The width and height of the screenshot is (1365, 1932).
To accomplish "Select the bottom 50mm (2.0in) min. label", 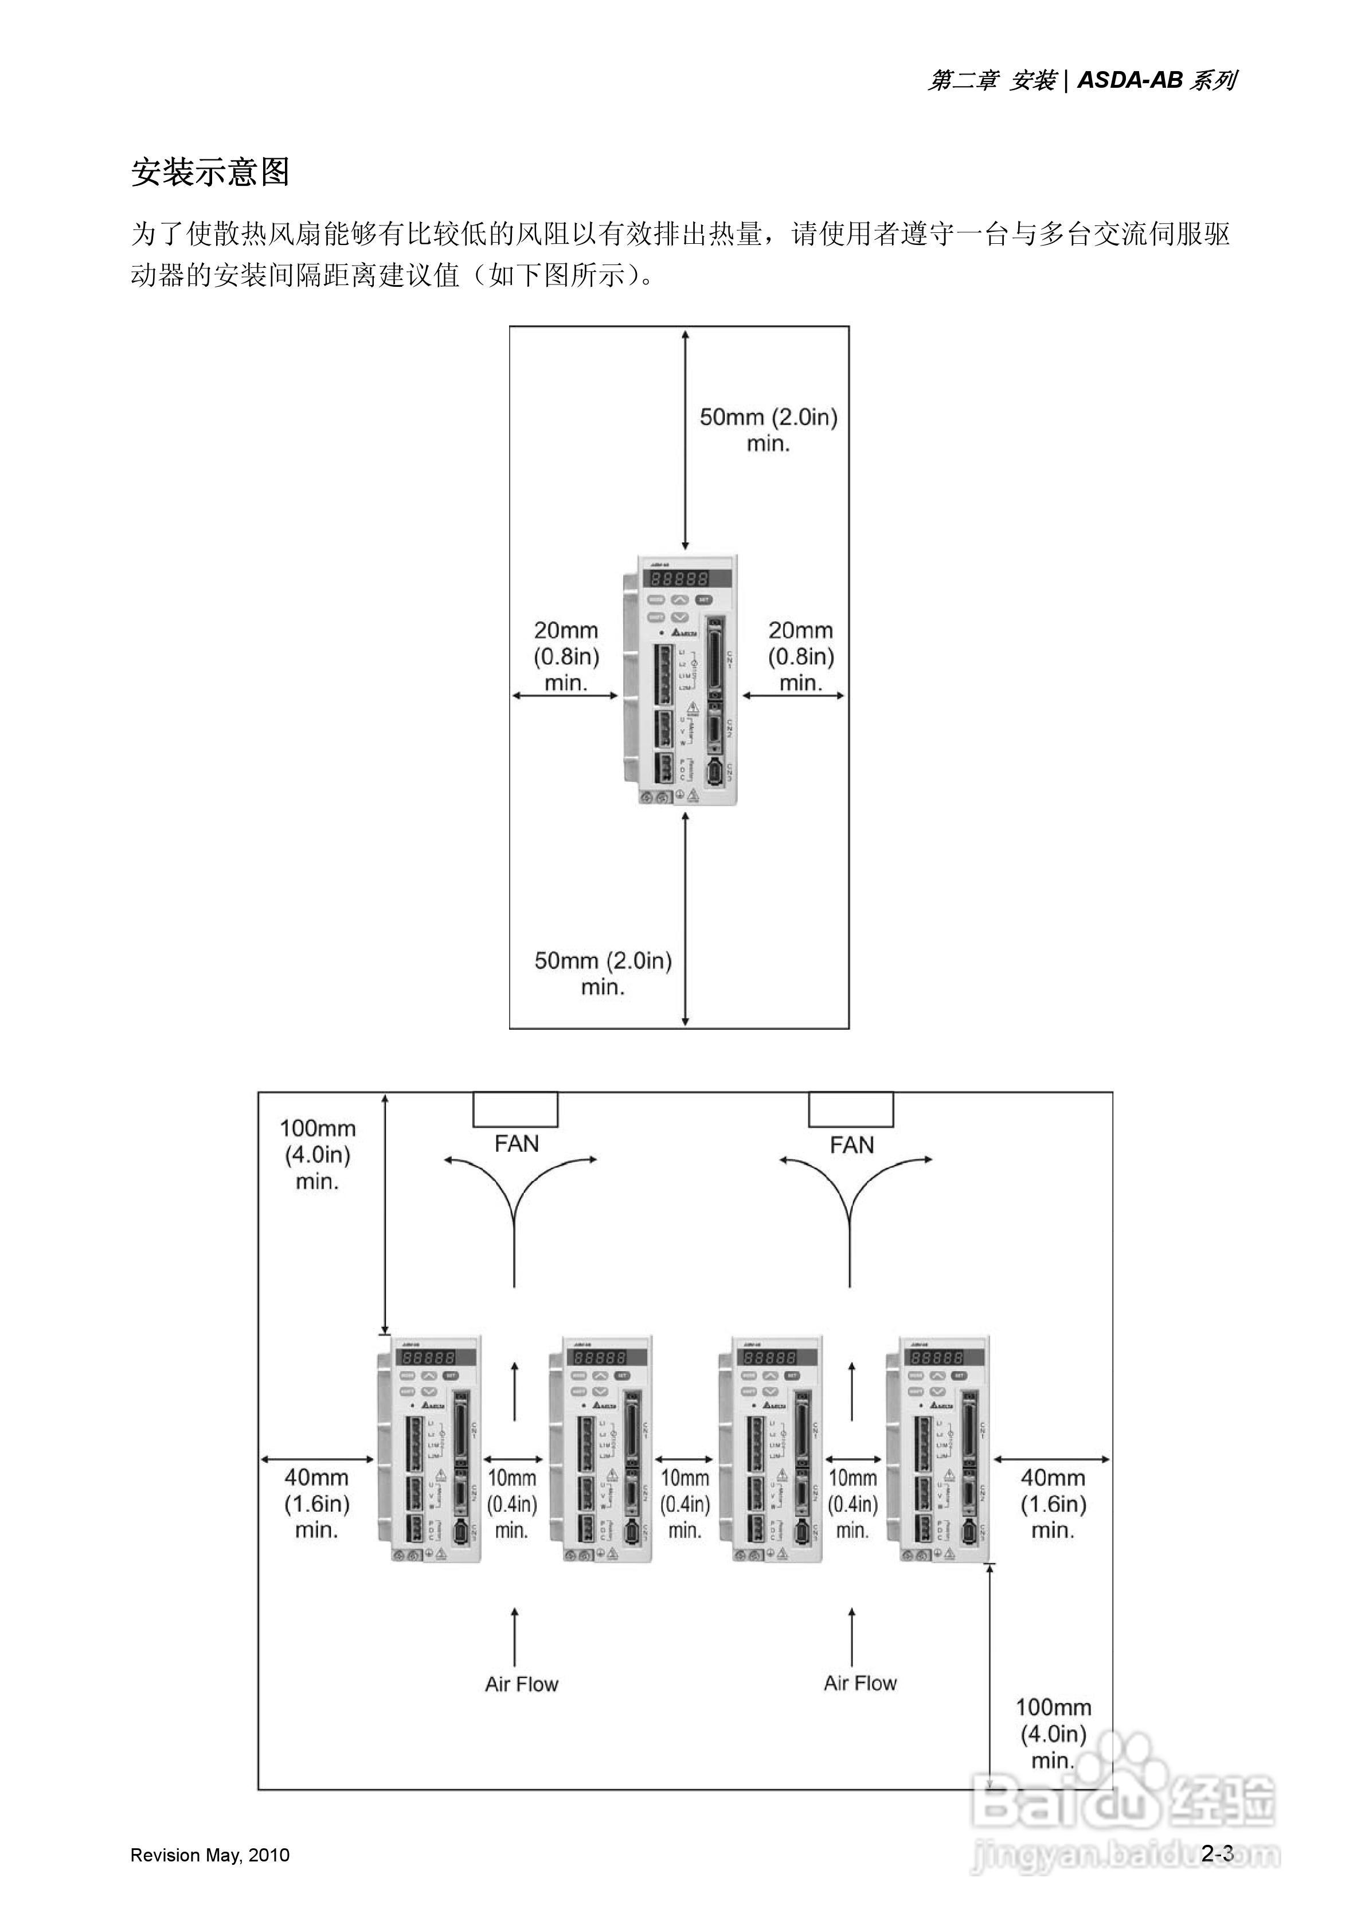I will [x=603, y=973].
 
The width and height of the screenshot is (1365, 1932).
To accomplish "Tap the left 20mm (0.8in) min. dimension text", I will [x=566, y=656].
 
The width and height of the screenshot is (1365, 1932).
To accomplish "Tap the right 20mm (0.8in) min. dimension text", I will [x=801, y=656].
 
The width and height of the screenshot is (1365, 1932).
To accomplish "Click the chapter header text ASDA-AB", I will [x=1129, y=81].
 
